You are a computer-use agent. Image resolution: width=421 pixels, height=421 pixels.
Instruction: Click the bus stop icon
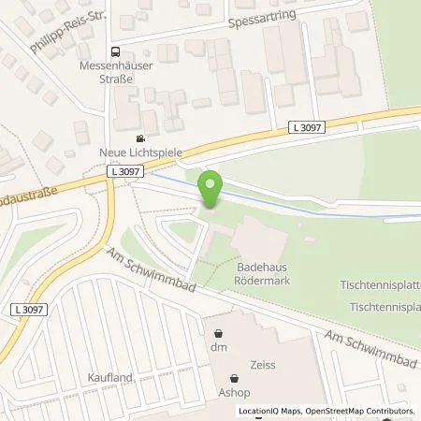click(114, 52)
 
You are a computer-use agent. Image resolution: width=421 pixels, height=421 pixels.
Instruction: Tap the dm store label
click(219, 348)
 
